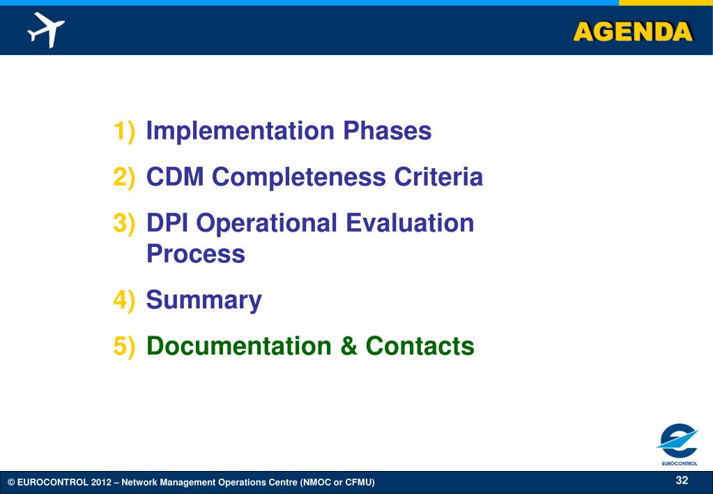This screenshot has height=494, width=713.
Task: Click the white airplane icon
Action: tap(45, 29)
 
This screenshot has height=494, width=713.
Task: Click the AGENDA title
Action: tap(633, 32)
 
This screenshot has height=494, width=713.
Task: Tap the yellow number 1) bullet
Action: tap(124, 131)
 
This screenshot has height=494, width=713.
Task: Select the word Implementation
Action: tap(240, 130)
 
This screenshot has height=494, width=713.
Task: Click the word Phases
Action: tap(388, 130)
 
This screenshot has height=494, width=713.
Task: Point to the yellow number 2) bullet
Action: tap(124, 177)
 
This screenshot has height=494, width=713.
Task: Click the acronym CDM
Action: tap(175, 177)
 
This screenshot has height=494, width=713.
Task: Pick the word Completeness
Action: tap(299, 177)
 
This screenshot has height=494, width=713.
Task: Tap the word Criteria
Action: tap(438, 177)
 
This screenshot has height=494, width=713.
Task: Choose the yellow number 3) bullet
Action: tap(124, 223)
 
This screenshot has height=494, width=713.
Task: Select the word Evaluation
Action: tap(410, 223)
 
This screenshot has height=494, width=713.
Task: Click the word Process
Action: tap(196, 253)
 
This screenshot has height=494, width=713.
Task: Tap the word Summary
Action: tap(204, 301)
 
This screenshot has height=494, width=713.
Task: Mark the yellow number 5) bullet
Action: tap(124, 347)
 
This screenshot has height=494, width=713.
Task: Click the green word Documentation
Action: tap(239, 346)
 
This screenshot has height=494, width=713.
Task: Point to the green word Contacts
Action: tap(420, 346)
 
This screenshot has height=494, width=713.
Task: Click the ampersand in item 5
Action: tap(348, 346)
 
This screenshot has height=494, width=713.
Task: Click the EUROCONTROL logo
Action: tap(677, 444)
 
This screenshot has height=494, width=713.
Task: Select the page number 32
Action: tap(682, 480)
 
